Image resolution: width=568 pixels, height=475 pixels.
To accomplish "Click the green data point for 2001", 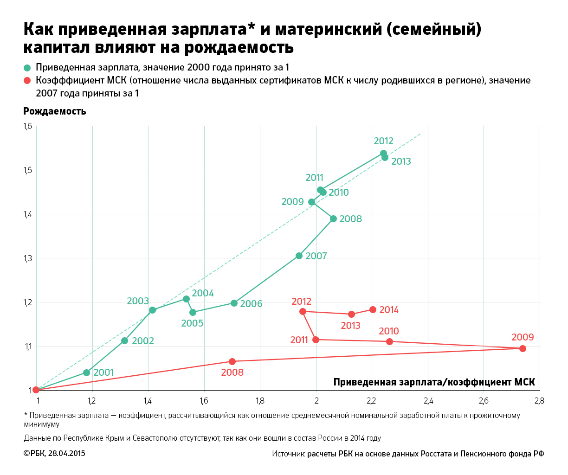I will pos(86,372).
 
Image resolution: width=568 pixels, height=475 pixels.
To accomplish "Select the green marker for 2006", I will pos(234,303).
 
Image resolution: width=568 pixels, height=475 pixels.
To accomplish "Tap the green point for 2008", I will pos(333,218).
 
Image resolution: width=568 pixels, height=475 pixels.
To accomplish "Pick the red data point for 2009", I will pos(523,348).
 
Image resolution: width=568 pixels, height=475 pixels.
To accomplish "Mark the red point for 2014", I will pos(373,309).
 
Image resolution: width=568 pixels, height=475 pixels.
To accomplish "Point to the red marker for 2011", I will pos(316,340).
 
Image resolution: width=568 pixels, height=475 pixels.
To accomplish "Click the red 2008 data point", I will pos(232,361).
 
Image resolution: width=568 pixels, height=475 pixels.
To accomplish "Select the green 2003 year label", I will pos(138,301).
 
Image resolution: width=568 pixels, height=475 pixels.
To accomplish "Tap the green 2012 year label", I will pos(383,141).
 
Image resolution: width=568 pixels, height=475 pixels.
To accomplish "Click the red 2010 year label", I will pos(388,331).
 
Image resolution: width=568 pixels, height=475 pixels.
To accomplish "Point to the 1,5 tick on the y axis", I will pos(28,170).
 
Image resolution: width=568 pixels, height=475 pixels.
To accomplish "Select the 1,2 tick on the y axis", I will pos(28,302).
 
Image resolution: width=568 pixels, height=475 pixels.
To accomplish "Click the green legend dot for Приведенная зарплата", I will pos(27,68).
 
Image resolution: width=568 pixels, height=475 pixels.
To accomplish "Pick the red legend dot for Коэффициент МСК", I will pos(27,81).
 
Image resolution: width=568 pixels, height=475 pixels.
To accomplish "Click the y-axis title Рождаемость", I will pos(55,111).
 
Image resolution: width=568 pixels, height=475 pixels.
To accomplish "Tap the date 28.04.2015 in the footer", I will pos(67,453).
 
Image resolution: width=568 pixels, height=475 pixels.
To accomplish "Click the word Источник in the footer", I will pos(288,454).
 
